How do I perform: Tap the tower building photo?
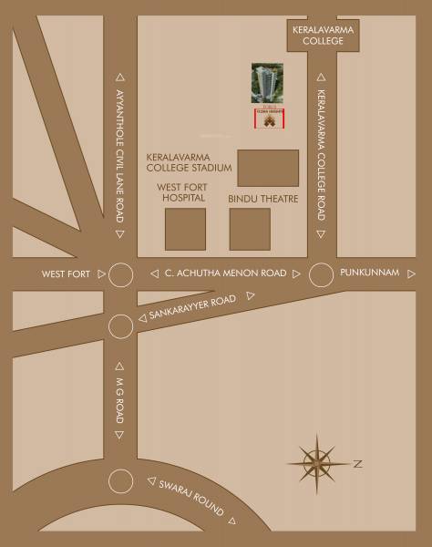pos(267,85)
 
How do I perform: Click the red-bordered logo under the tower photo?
pos(267,119)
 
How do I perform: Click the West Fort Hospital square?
pos(185,229)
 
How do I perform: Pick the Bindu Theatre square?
pos(249,229)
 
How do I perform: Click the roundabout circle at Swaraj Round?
pos(120,482)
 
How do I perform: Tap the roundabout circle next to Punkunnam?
pos(321,273)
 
